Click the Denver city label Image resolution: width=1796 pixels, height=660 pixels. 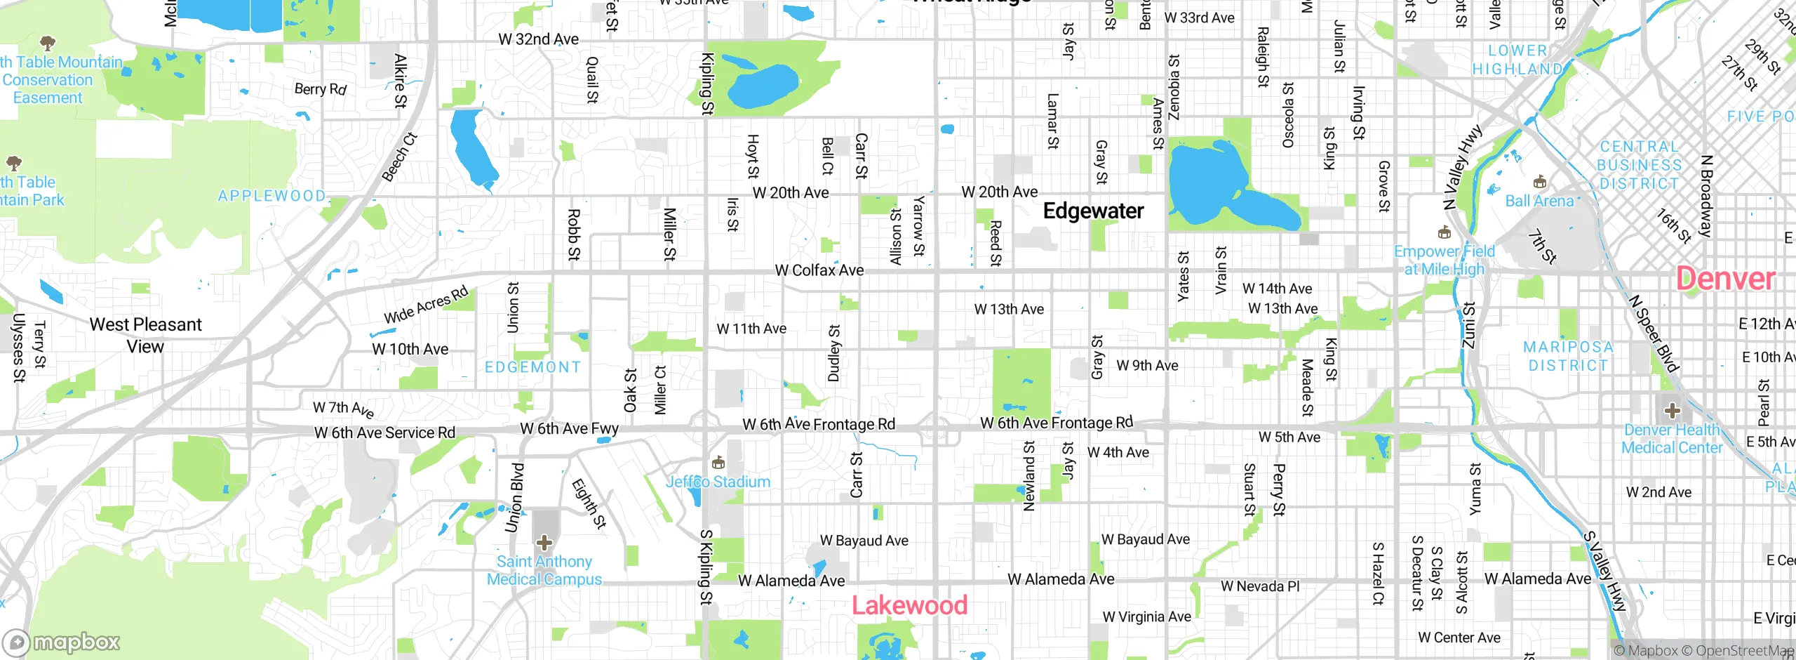pyautogui.click(x=1725, y=279)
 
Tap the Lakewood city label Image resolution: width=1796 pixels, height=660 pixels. pyautogui.click(x=909, y=605)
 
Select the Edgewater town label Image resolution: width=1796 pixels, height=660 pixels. pyautogui.click(x=1093, y=211)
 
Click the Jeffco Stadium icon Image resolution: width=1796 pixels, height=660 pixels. pyautogui.click(x=718, y=463)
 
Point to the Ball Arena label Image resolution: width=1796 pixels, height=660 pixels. pyautogui.click(x=1539, y=201)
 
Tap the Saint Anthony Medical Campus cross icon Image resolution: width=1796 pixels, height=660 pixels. pyautogui.click(x=544, y=542)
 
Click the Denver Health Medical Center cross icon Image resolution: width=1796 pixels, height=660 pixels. pyautogui.click(x=1672, y=410)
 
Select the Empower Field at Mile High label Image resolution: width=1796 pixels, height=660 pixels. pyautogui.click(x=1445, y=260)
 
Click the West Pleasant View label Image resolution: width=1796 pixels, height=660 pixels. pyautogui.click(x=145, y=335)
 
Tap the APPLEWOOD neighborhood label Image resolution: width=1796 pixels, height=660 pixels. pyautogui.click(x=272, y=196)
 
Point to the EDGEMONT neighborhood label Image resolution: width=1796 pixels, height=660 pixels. pyautogui.click(x=533, y=367)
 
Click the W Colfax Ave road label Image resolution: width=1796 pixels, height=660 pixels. pyautogui.click(x=819, y=270)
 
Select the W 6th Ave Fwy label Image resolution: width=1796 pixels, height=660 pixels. pyautogui.click(x=569, y=428)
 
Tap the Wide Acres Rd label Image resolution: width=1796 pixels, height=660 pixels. pyautogui.click(x=426, y=305)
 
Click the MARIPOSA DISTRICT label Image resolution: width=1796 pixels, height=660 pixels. pyautogui.click(x=1568, y=356)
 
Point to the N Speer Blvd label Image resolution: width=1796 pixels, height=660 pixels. pyautogui.click(x=1654, y=333)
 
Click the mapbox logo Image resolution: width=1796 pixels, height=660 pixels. pyautogui.click(x=62, y=642)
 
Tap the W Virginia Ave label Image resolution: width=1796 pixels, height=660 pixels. pyautogui.click(x=1146, y=616)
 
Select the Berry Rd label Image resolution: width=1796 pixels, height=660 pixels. pyautogui.click(x=320, y=89)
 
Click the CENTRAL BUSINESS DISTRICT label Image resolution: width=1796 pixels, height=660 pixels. pyautogui.click(x=1639, y=165)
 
